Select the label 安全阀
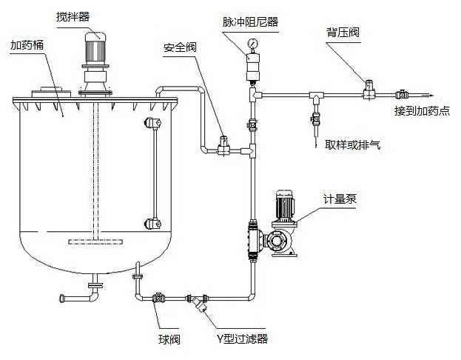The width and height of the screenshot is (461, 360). tap(180, 48)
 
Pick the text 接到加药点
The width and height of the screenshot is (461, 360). tap(422, 111)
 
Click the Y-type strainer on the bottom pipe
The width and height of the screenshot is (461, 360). tap(198, 302)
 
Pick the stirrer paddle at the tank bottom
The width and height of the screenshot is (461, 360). tap(95, 241)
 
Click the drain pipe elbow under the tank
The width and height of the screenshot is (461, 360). tap(92, 294)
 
